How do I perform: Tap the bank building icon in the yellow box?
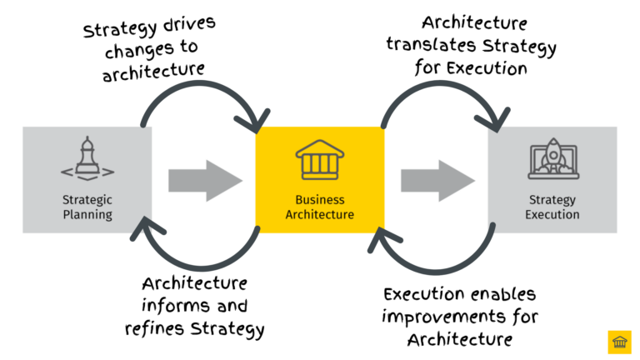[x=319, y=159]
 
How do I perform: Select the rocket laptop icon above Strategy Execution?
[x=552, y=160]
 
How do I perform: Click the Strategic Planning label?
[x=87, y=207]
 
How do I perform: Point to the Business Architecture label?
[x=319, y=207]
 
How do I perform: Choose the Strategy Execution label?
[x=552, y=207]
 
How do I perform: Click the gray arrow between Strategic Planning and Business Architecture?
[x=204, y=180]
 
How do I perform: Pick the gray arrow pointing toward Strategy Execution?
[x=437, y=180]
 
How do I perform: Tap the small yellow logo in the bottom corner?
[x=620, y=342]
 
